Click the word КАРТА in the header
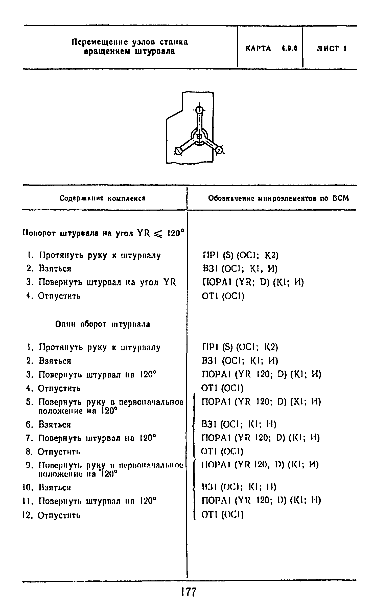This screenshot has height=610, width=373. tap(258, 49)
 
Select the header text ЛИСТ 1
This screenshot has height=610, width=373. tap(331, 49)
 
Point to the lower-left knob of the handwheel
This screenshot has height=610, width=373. tap(178, 151)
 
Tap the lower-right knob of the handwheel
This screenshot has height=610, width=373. tap(220, 151)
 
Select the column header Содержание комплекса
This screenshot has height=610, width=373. tap(102, 198)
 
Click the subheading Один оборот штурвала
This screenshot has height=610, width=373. tap(103, 324)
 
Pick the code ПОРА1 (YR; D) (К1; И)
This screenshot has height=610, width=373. tap(253, 282)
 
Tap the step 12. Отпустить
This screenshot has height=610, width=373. tap(52, 515)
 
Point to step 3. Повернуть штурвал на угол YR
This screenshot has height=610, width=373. tap(101, 282)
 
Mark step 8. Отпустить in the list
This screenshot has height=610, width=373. tap(53, 452)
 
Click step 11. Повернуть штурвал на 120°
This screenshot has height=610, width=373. tap(90, 501)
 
